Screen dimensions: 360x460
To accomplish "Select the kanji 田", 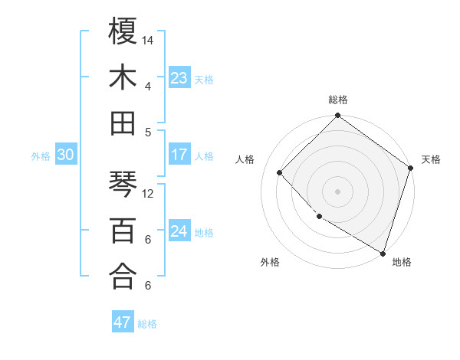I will (123, 123).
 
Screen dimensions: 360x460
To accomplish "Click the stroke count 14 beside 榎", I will (148, 40).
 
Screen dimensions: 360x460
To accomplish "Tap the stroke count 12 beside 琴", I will (148, 193).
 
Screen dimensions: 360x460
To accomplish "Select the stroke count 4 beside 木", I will (147, 86).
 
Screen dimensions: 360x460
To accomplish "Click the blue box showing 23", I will (179, 78).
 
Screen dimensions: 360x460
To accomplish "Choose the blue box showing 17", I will (179, 155).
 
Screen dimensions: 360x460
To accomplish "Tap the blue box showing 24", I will (179, 231).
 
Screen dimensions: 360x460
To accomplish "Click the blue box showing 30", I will (65, 155).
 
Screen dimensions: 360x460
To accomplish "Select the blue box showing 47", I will (122, 322).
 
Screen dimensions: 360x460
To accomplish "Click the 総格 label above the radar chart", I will (338, 100).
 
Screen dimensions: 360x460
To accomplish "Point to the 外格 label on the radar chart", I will (270, 263).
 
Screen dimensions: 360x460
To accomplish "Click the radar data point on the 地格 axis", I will (383, 252).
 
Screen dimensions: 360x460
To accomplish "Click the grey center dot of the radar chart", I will (337, 191).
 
